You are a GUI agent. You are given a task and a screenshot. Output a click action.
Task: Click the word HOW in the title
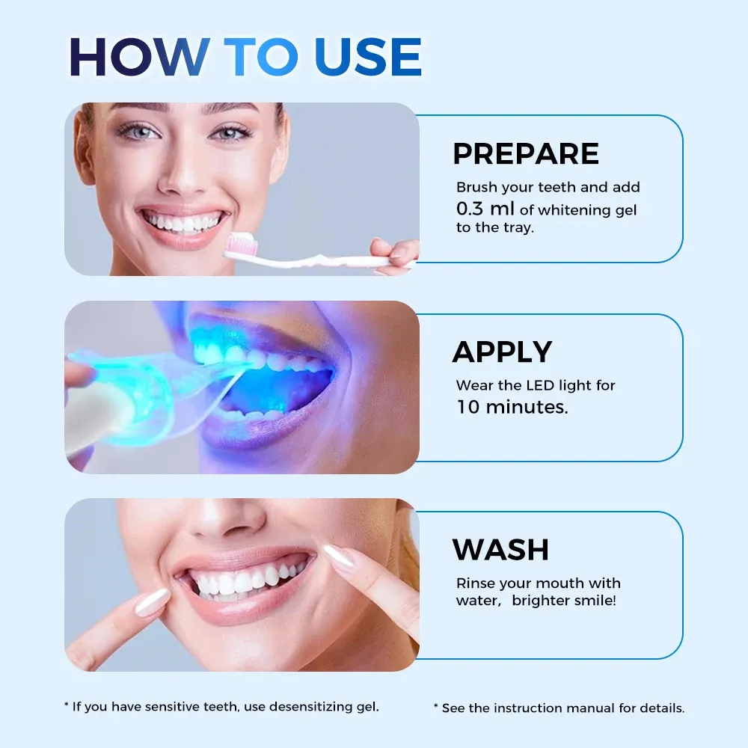tap(140, 57)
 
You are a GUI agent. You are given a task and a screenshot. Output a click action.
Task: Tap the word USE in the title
tap(368, 57)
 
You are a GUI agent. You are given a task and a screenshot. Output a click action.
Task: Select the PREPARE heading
tap(526, 153)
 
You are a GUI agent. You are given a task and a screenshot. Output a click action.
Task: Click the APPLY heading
tap(503, 352)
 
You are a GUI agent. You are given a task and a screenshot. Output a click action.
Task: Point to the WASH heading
tap(500, 550)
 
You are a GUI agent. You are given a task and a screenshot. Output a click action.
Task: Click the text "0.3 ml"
tap(485, 209)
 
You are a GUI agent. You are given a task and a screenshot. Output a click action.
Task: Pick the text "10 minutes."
tap(512, 407)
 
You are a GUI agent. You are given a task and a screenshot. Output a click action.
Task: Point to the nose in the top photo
tap(185, 177)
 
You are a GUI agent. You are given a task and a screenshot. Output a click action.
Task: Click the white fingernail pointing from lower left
tap(152, 601)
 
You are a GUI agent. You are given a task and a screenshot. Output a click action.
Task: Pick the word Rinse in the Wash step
tap(476, 583)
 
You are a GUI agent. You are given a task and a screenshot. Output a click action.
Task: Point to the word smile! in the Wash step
tap(595, 601)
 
